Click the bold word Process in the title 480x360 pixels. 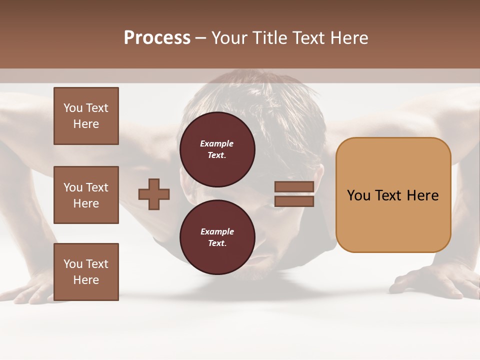(x=157, y=38)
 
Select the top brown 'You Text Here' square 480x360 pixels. (x=86, y=116)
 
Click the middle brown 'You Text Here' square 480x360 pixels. (x=86, y=195)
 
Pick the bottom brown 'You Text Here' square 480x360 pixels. (x=86, y=271)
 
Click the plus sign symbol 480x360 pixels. (x=154, y=194)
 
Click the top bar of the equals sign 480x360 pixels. (x=294, y=186)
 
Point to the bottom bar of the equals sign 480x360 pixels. (x=294, y=201)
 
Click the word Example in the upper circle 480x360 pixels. (x=217, y=143)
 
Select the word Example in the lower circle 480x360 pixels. (x=217, y=231)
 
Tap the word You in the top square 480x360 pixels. (x=73, y=108)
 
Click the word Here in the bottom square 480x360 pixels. (x=86, y=280)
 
